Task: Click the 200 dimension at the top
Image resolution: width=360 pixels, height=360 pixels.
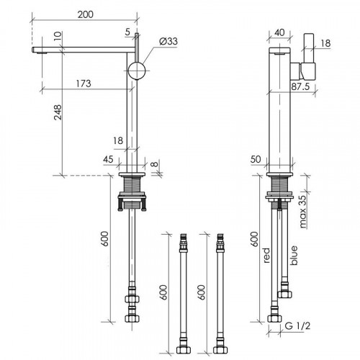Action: point(86,14)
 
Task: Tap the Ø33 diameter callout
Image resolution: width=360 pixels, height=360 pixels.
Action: point(168,41)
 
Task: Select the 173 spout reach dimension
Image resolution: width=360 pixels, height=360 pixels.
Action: point(84,84)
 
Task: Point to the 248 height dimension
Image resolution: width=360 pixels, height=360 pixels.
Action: point(58,112)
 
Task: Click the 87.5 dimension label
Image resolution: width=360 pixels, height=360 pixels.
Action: point(300,86)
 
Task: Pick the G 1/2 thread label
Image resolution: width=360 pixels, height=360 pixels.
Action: point(297,326)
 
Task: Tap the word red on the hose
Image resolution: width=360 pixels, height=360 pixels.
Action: point(266,256)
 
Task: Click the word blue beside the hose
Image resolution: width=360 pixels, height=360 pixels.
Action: point(294,256)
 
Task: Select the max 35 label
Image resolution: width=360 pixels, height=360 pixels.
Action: point(303,211)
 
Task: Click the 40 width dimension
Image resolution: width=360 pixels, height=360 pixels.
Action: point(279,32)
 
